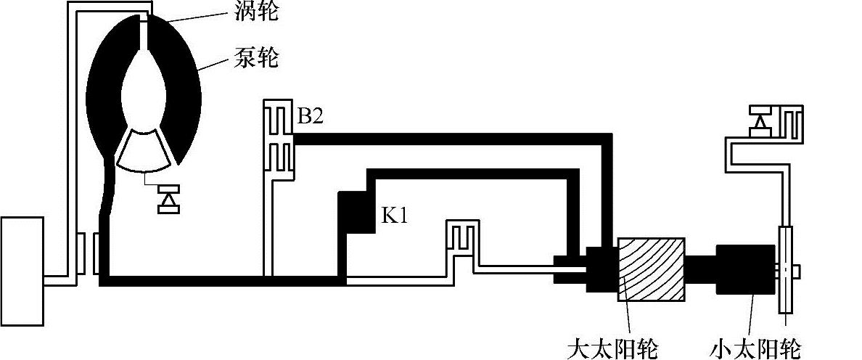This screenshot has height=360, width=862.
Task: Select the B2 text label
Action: (x=310, y=118)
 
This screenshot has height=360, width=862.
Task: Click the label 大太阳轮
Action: (x=613, y=348)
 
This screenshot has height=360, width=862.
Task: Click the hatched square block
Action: (x=650, y=269)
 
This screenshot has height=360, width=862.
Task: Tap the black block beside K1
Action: (x=356, y=210)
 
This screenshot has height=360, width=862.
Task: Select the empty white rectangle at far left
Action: (x=22, y=271)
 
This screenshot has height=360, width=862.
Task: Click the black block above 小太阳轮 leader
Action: (x=743, y=269)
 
